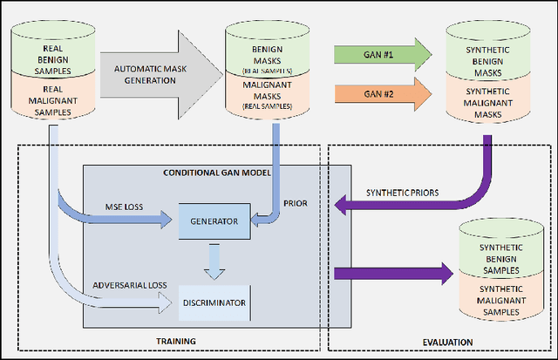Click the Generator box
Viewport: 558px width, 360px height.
pos(213,221)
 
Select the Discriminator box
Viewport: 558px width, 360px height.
pos(214,302)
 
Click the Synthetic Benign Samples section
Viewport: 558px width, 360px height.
pos(496,252)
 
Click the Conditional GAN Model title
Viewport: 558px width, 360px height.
pos(217,172)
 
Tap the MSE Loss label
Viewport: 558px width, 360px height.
pos(124,207)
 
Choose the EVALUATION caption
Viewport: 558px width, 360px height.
pos(442,341)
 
